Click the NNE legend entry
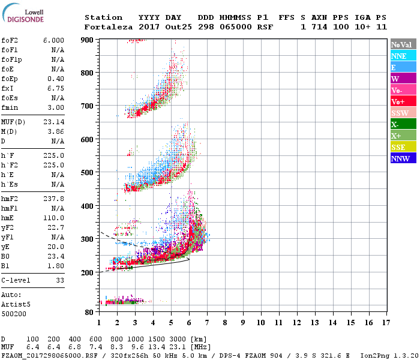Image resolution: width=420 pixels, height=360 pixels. pos(402,56)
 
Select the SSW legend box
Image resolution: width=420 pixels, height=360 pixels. pos(402,113)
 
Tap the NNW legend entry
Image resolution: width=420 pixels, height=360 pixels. pos(402,158)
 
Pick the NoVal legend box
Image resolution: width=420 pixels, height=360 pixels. pos(402,44)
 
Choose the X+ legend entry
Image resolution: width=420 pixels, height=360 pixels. pos(402,136)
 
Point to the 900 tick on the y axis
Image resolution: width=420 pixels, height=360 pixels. pos(87,40)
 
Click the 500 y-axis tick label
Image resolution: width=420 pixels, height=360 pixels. pos(87,173)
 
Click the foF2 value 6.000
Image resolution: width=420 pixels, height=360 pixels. pos(53,40)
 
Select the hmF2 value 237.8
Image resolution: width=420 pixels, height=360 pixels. pos(53,199)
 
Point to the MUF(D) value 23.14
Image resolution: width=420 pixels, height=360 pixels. pos(53,122)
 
